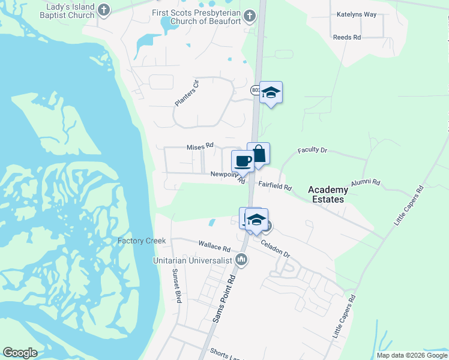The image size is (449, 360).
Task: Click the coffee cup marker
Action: click(x=243, y=161)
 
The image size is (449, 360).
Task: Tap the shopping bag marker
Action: click(x=258, y=154)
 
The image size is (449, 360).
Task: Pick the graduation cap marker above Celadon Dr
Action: click(x=256, y=219)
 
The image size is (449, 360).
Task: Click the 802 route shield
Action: click(x=255, y=89)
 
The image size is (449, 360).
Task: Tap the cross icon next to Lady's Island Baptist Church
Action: click(x=104, y=10)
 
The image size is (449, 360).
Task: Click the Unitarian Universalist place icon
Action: click(x=242, y=260)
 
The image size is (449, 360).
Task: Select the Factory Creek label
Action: click(x=142, y=241)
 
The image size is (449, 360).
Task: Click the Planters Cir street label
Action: click(x=186, y=93)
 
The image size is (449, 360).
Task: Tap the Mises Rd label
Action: click(x=200, y=146)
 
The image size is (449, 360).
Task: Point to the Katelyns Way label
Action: click(x=357, y=14)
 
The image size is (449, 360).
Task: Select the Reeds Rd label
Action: click(x=347, y=37)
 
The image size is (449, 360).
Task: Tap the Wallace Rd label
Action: click(x=214, y=247)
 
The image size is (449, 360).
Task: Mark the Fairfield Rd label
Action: click(x=275, y=187)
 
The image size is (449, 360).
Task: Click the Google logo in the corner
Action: click(x=20, y=353)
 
